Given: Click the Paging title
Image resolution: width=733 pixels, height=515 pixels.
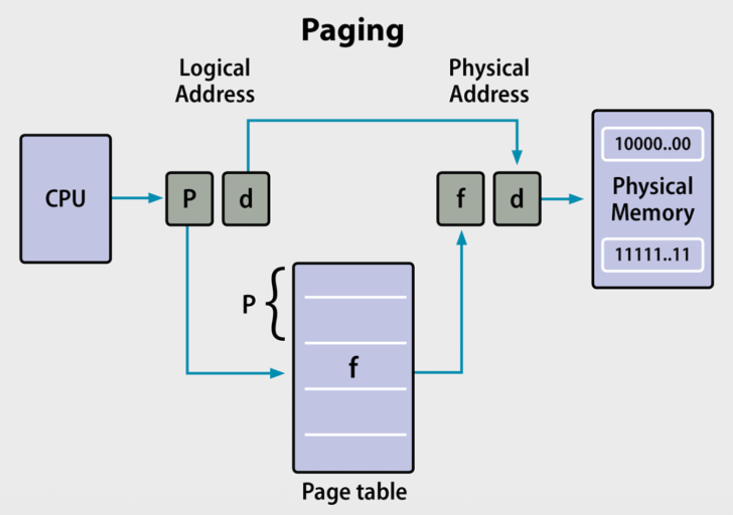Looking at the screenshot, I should coord(353,30).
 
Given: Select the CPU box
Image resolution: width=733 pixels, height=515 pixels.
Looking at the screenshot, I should coord(66,199).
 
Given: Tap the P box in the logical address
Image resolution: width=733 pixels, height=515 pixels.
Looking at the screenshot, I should coord(189,199).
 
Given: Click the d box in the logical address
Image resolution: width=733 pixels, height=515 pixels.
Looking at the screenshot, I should coord(246,199).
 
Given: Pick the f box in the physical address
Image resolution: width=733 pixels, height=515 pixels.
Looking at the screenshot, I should coord(461,199).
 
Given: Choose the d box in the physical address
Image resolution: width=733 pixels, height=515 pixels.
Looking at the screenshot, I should coord(517,199).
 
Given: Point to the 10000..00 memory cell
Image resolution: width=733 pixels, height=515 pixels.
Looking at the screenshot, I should coord(652,144).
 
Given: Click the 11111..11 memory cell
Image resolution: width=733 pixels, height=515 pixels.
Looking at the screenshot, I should coord(652,254).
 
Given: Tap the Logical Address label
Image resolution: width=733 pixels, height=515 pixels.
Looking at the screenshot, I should coord(215,81).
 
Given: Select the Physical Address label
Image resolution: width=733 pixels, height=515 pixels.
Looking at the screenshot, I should coord(489,81).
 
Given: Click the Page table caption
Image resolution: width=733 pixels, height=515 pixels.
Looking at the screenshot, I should coord(354,492).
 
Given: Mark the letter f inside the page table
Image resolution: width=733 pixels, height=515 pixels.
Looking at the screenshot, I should coord(353,367).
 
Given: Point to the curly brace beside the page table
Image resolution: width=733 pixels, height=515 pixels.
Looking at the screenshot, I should coord(277,304).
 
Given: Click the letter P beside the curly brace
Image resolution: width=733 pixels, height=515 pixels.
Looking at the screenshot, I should coord(249,305).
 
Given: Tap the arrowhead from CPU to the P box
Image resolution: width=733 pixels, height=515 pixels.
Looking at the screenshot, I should coord(155,198).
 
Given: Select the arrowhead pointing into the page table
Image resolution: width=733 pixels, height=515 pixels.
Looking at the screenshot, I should coord(277,373).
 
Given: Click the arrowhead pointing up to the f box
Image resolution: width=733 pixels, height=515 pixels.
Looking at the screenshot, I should coord(462,238).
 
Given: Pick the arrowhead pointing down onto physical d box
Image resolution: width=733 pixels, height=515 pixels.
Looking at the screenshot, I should coord(517,157).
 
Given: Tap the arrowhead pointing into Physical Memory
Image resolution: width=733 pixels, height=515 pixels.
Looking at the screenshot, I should coord(576,199).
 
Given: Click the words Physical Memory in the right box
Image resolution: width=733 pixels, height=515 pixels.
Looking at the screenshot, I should coord(652,200).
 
